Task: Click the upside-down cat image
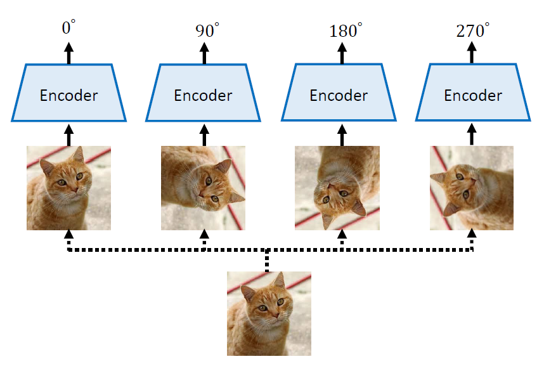click(337, 188)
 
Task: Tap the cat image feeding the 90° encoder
click(203, 188)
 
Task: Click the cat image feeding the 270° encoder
click(472, 188)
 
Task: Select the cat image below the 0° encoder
click(68, 188)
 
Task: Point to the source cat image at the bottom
click(269, 313)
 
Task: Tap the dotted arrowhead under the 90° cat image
click(204, 237)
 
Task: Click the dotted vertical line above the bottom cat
click(268, 260)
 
